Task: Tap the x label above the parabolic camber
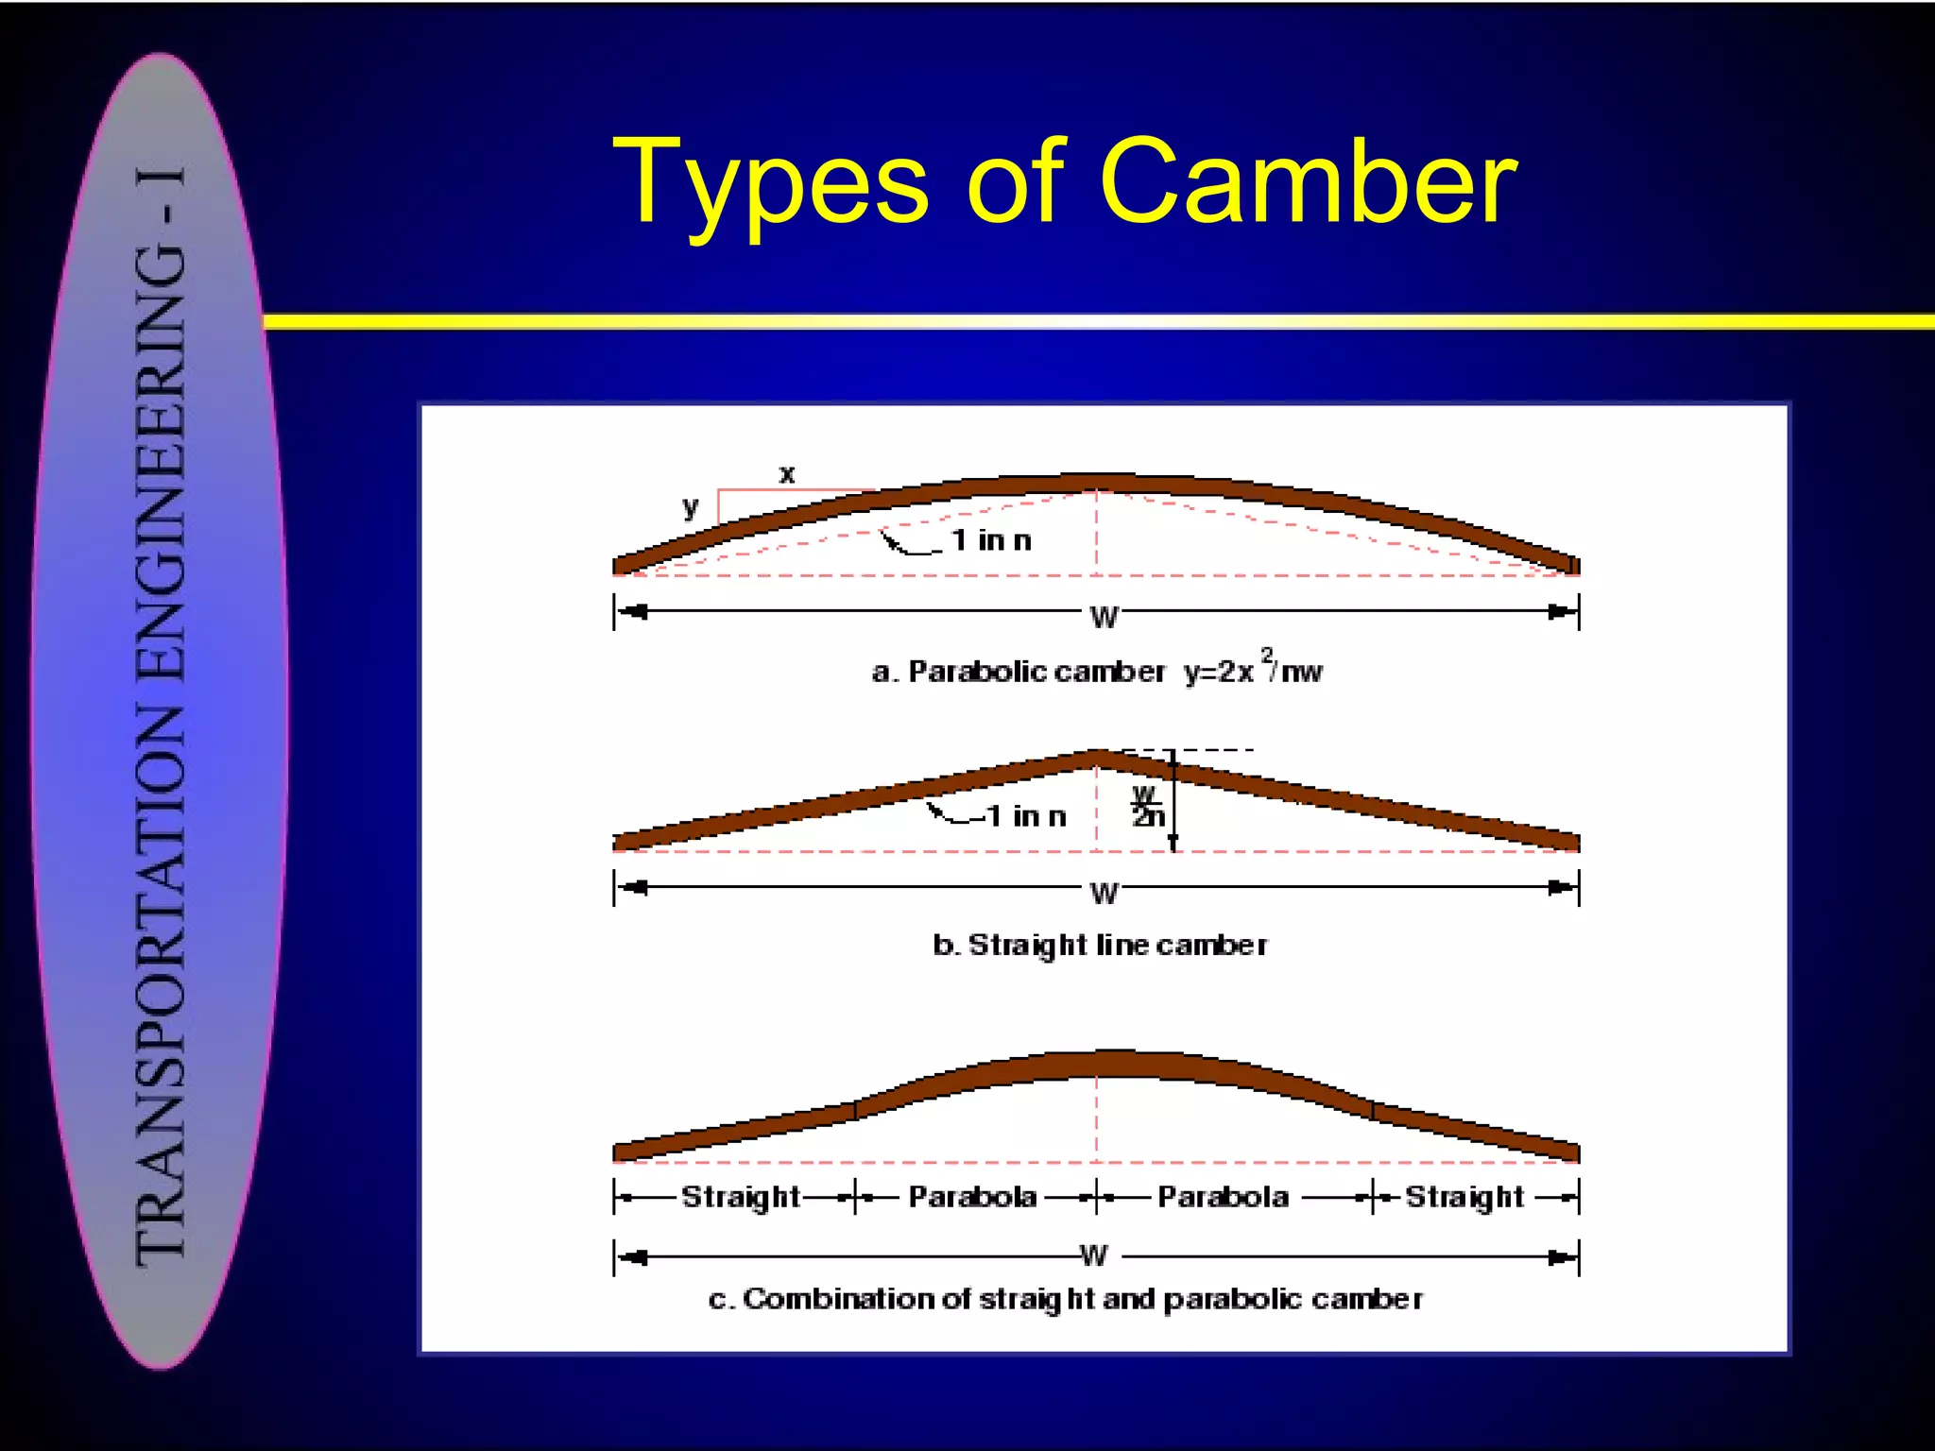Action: (787, 474)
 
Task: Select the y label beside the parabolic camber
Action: (691, 507)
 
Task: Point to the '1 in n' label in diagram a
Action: (991, 540)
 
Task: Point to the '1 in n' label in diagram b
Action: (1026, 816)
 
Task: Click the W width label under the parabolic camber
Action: (1104, 617)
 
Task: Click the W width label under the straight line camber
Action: (1104, 893)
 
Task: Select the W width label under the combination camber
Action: (1094, 1255)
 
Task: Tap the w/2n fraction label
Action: (1147, 806)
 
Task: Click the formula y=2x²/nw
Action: (1253, 670)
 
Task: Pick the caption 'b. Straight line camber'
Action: (1100, 945)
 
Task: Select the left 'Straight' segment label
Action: (741, 1197)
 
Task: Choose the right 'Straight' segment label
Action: (1464, 1197)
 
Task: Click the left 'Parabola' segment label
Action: (972, 1197)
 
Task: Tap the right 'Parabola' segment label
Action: (1223, 1197)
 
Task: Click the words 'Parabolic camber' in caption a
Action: (1036, 672)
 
